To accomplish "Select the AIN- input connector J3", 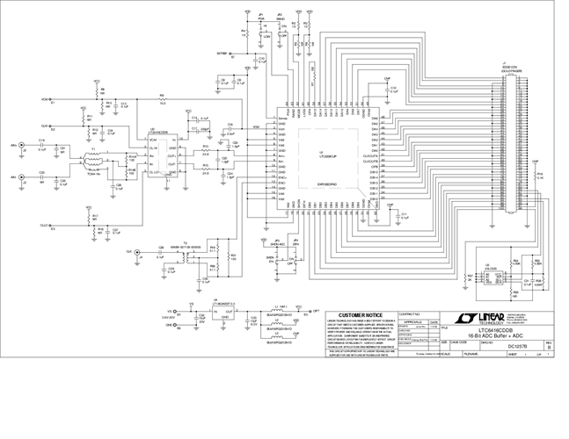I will [24, 176].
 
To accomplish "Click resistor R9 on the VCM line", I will [162, 99].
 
